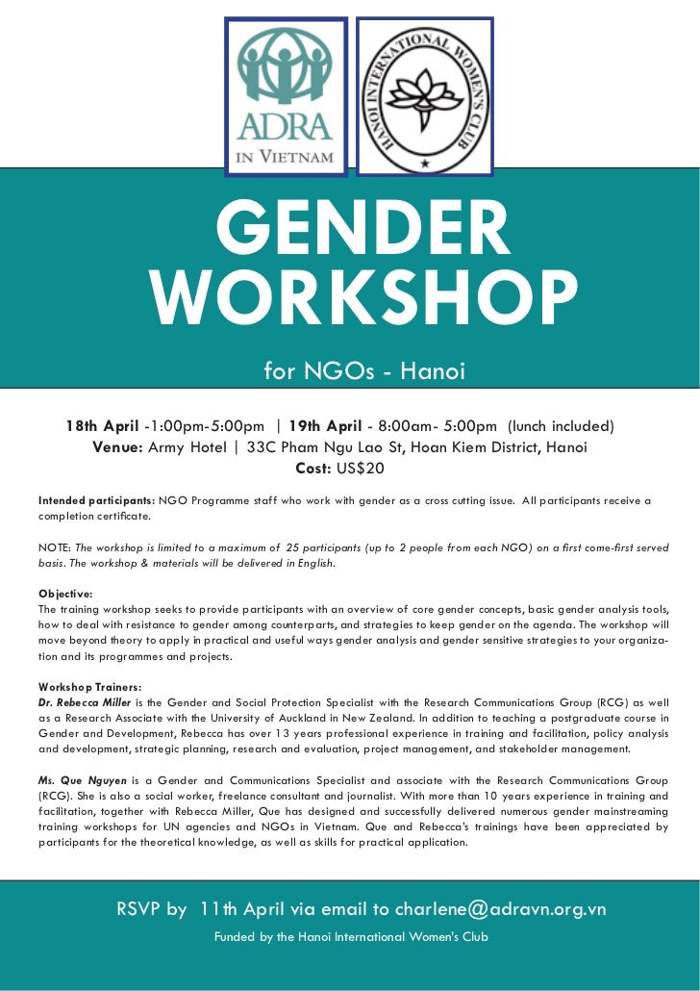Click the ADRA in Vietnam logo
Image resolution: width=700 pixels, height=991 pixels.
pos(286,96)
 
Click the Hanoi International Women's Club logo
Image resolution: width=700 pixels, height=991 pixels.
pos(424,96)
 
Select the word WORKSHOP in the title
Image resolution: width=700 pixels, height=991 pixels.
pos(364,299)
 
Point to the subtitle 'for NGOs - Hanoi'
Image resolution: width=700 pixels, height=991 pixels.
pos(364,370)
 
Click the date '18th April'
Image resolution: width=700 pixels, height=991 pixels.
pos(102,426)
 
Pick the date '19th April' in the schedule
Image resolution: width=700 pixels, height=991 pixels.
pos(325,426)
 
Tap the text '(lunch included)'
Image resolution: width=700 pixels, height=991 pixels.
pos(561,426)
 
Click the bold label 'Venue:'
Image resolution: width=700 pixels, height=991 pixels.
pos(118,447)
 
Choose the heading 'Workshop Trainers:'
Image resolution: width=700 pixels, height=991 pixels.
pos(90,686)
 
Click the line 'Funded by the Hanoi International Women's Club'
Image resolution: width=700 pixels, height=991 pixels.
pos(351,936)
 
